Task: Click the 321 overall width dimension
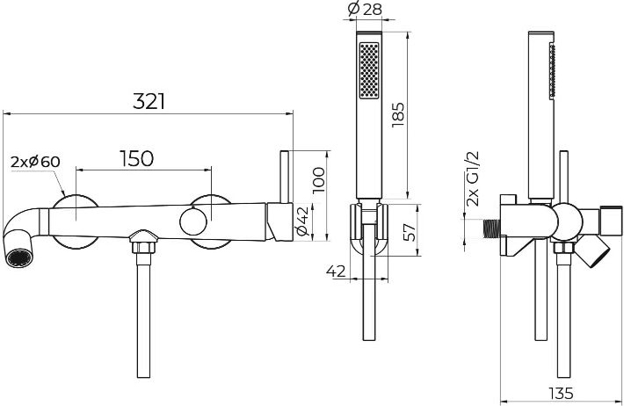pyautogui.click(x=149, y=102)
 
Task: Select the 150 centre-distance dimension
pyautogui.click(x=136, y=158)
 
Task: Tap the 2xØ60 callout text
pyautogui.click(x=35, y=162)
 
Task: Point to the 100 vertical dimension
pyautogui.click(x=319, y=180)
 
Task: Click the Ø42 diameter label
pyautogui.click(x=302, y=220)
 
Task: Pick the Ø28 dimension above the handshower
pyautogui.click(x=365, y=9)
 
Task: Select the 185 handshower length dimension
pyautogui.click(x=398, y=115)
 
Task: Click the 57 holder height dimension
pyautogui.click(x=410, y=232)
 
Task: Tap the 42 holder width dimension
pyautogui.click(x=336, y=272)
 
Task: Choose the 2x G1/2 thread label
pyautogui.click(x=473, y=178)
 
